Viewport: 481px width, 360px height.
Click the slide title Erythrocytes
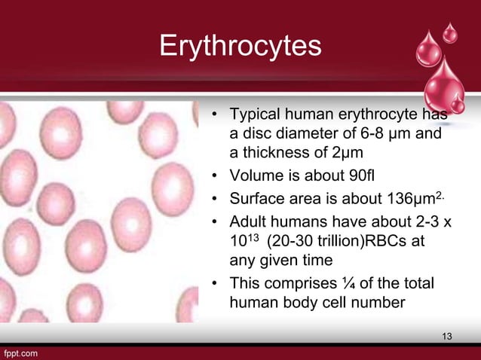tap(240, 46)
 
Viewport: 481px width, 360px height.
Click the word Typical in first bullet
tap(256, 116)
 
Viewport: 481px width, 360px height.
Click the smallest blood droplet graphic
tap(450, 32)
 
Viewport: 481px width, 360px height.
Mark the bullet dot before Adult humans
tap(215, 222)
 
